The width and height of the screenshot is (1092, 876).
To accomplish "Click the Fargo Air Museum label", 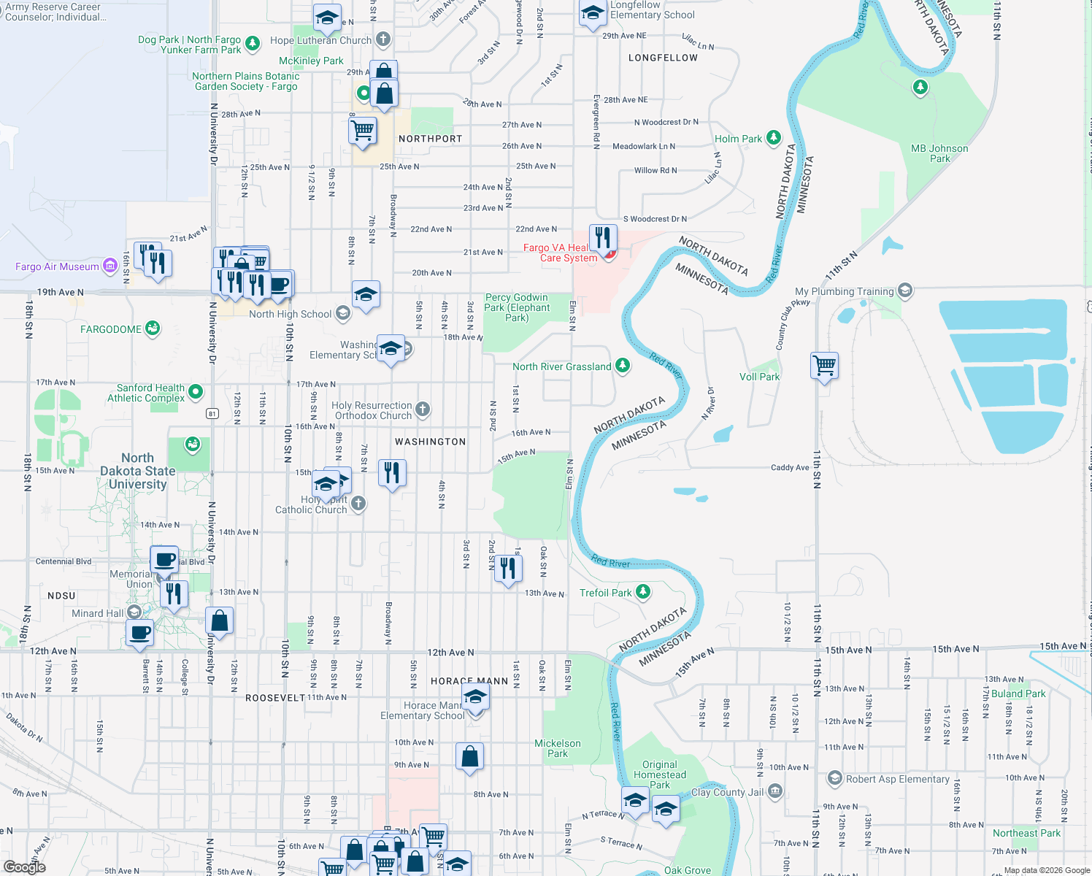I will click(57, 266).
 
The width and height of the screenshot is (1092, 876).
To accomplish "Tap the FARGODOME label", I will click(111, 329).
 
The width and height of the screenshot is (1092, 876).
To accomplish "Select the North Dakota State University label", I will click(138, 471).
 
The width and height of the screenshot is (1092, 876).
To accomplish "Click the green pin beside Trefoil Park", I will click(643, 592).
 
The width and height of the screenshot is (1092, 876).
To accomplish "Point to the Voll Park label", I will click(759, 377).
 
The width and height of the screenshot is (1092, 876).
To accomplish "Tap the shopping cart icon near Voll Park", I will click(825, 364).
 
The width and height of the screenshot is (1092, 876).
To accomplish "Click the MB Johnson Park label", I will click(939, 153).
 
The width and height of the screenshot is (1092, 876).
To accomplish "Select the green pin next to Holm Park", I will click(774, 138).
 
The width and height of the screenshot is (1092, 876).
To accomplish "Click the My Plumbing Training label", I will click(844, 291).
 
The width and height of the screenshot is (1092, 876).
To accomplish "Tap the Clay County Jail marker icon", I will click(775, 791).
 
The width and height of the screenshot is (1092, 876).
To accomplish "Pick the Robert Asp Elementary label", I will click(897, 779).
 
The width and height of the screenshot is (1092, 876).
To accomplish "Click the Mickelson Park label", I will click(558, 748).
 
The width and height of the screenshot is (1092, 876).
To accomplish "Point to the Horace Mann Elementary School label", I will click(422, 710).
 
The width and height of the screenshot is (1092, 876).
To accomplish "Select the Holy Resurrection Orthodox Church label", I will click(373, 410).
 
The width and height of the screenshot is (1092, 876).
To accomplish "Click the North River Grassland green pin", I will click(623, 366).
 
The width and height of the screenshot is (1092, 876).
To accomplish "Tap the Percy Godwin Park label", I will click(517, 307).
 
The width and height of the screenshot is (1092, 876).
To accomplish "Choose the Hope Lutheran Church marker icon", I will click(383, 39).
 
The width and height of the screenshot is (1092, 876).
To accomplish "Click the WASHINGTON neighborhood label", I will click(430, 442).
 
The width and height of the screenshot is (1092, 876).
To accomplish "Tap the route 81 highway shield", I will click(212, 414).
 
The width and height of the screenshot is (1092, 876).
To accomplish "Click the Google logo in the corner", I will click(25, 867).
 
